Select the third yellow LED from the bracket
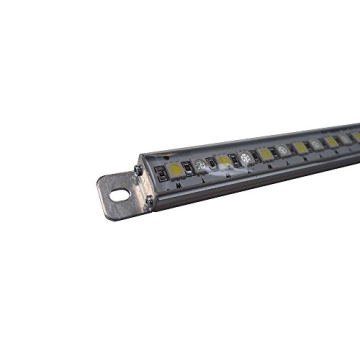[266, 153]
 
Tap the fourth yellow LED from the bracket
[301, 146]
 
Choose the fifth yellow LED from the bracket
[331, 140]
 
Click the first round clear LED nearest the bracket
[202, 165]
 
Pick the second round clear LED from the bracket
[246, 157]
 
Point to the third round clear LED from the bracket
[284, 150]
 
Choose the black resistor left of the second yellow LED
[212, 162]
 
